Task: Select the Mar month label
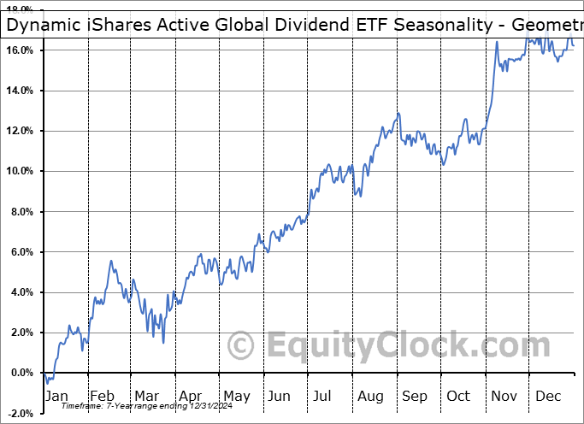click(145, 396)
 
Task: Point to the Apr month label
click(190, 396)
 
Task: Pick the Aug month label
click(370, 396)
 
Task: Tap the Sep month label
click(415, 396)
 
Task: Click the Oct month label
click(459, 396)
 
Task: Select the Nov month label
click(504, 396)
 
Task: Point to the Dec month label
click(549, 396)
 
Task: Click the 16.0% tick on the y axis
click(21, 50)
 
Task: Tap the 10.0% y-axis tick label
click(21, 171)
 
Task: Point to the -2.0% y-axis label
click(21, 413)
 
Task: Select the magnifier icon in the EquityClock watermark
click(242, 346)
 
